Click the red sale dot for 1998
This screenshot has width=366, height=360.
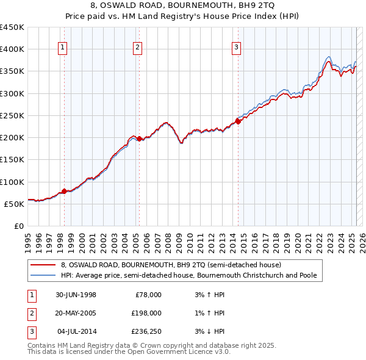pyautogui.click(x=65, y=192)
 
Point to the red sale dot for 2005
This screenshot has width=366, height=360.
pyautogui.click(x=139, y=139)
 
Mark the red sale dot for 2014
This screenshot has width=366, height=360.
pyautogui.click(x=238, y=121)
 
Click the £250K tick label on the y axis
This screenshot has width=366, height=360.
pyautogui.click(x=12, y=115)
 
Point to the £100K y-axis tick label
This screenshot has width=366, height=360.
pyautogui.click(x=12, y=182)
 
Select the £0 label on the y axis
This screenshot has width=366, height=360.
pyautogui.click(x=19, y=226)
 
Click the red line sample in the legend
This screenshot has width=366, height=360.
pyautogui.click(x=43, y=265)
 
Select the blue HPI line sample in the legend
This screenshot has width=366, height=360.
pyautogui.click(x=43, y=276)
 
